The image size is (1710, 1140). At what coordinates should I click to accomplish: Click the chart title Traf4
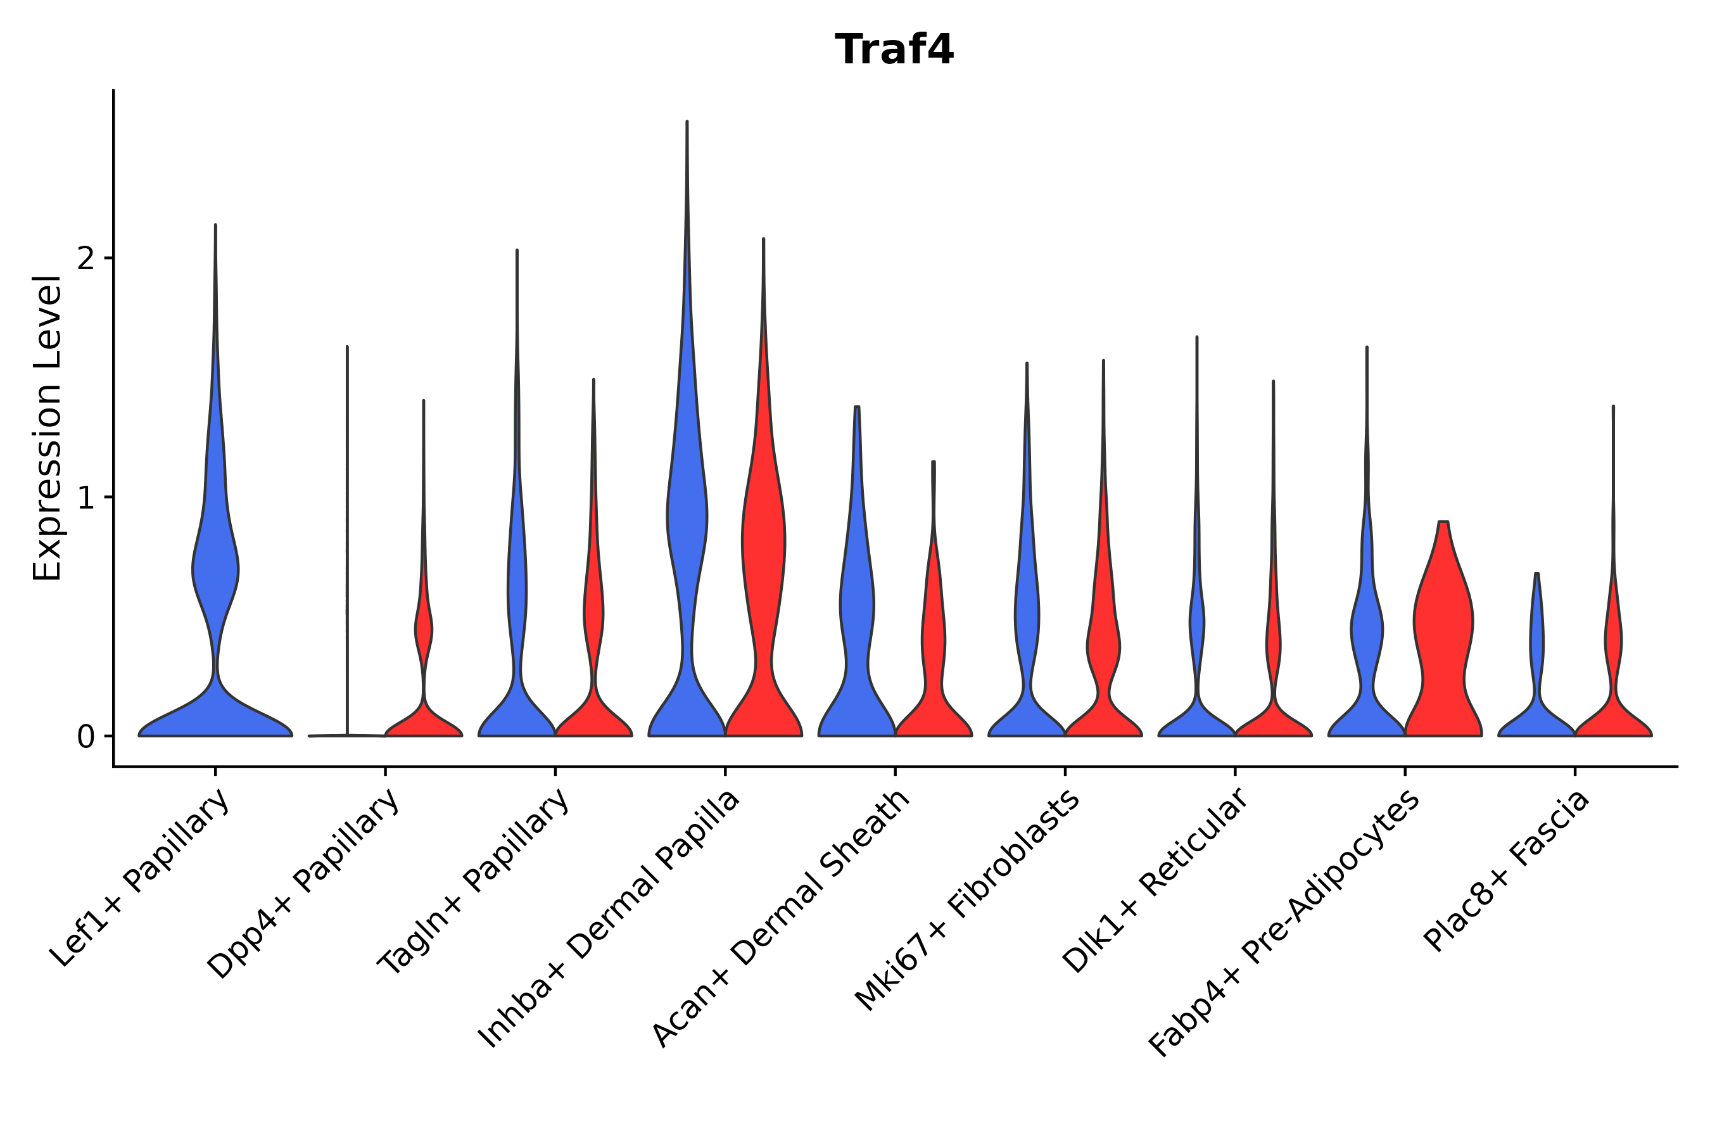pyautogui.click(x=894, y=50)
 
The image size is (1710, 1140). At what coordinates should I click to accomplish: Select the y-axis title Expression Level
pyautogui.click(x=48, y=427)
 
